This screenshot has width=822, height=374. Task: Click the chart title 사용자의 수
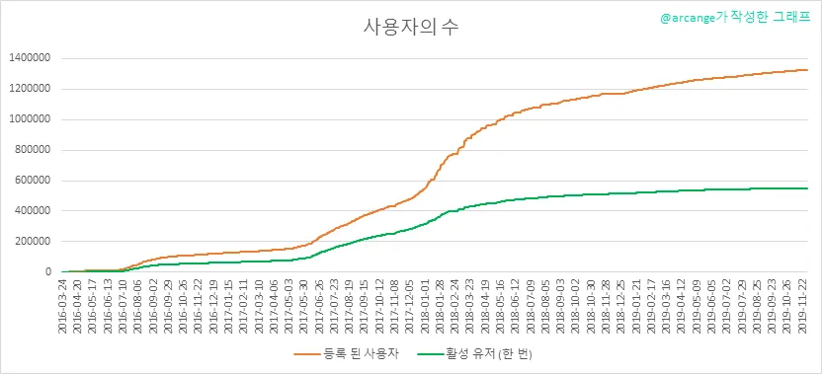coord(411,28)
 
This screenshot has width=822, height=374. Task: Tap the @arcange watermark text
coord(735,18)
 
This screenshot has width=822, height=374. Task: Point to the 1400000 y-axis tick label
coord(30,58)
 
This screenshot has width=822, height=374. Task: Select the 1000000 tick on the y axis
coord(30,119)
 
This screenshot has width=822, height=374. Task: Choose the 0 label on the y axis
coord(47,271)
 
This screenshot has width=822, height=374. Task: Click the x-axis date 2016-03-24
coord(63,304)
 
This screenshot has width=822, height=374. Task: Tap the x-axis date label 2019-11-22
coord(802,304)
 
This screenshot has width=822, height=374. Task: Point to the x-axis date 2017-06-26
coord(321,304)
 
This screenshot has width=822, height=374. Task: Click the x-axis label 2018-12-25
coord(621,304)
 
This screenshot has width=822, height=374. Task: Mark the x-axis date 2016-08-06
coord(139,304)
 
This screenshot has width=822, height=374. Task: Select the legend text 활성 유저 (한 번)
coord(487,354)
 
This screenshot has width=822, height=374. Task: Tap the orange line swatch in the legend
coord(306,354)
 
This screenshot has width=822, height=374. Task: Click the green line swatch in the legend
coord(431,354)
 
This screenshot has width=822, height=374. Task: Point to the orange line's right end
coord(807,70)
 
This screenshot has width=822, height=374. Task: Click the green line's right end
coord(807,188)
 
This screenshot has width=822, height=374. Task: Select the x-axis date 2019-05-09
coord(697,304)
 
